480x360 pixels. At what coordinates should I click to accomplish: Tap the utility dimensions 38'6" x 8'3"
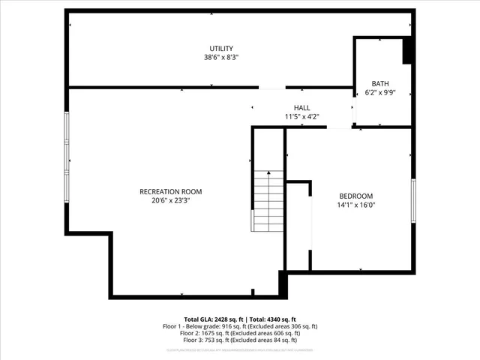[221, 57]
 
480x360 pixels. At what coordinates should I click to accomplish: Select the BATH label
[380, 83]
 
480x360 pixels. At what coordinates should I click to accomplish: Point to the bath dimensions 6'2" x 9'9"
[380, 93]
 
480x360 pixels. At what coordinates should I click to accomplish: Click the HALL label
[301, 107]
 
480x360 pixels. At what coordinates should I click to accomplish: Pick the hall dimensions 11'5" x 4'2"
[301, 117]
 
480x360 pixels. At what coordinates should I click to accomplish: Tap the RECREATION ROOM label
[171, 191]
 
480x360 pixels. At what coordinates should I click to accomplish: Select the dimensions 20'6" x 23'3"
[171, 201]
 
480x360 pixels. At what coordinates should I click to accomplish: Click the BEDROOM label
[356, 196]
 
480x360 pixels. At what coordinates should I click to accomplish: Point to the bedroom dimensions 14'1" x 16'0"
[356, 205]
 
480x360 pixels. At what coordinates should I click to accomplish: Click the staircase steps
[268, 201]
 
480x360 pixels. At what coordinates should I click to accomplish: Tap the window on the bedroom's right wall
[412, 201]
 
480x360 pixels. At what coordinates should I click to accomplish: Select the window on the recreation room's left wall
[67, 157]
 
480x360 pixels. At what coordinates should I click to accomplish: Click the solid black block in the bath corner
[408, 51]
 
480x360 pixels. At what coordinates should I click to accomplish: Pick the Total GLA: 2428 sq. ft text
[212, 319]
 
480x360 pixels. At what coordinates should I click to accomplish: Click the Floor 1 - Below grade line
[240, 327]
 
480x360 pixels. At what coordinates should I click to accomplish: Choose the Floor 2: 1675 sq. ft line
[240, 334]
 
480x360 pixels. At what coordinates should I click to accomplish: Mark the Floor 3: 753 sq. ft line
[240, 342]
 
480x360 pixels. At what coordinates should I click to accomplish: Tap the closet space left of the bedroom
[298, 225]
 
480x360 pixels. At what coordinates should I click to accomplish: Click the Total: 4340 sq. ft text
[272, 319]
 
